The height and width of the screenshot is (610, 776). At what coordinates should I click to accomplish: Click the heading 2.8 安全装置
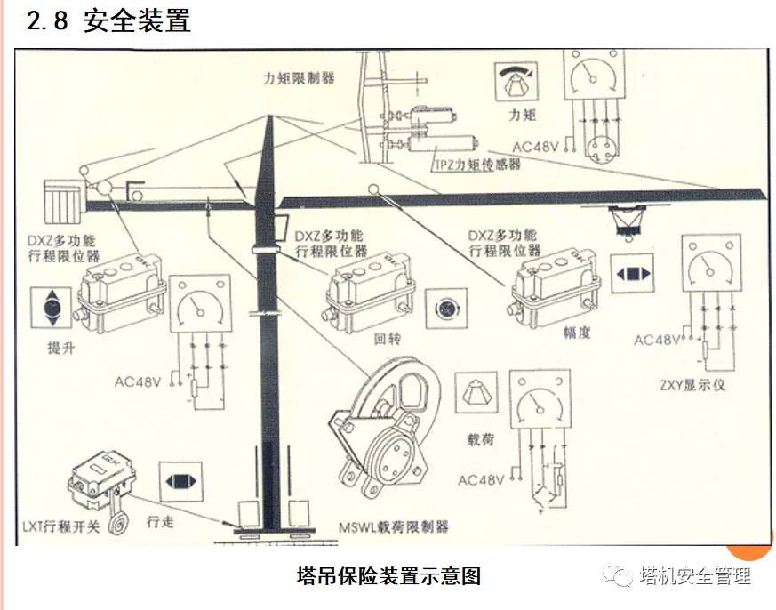[108, 21]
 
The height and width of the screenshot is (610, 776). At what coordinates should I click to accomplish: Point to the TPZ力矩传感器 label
[476, 165]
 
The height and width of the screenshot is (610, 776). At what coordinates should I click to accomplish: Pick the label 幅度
[576, 333]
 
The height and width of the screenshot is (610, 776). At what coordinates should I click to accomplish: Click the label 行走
[160, 521]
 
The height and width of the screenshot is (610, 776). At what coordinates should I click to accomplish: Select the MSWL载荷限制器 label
[394, 526]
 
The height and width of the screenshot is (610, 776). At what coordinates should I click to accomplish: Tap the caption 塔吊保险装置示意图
[388, 576]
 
